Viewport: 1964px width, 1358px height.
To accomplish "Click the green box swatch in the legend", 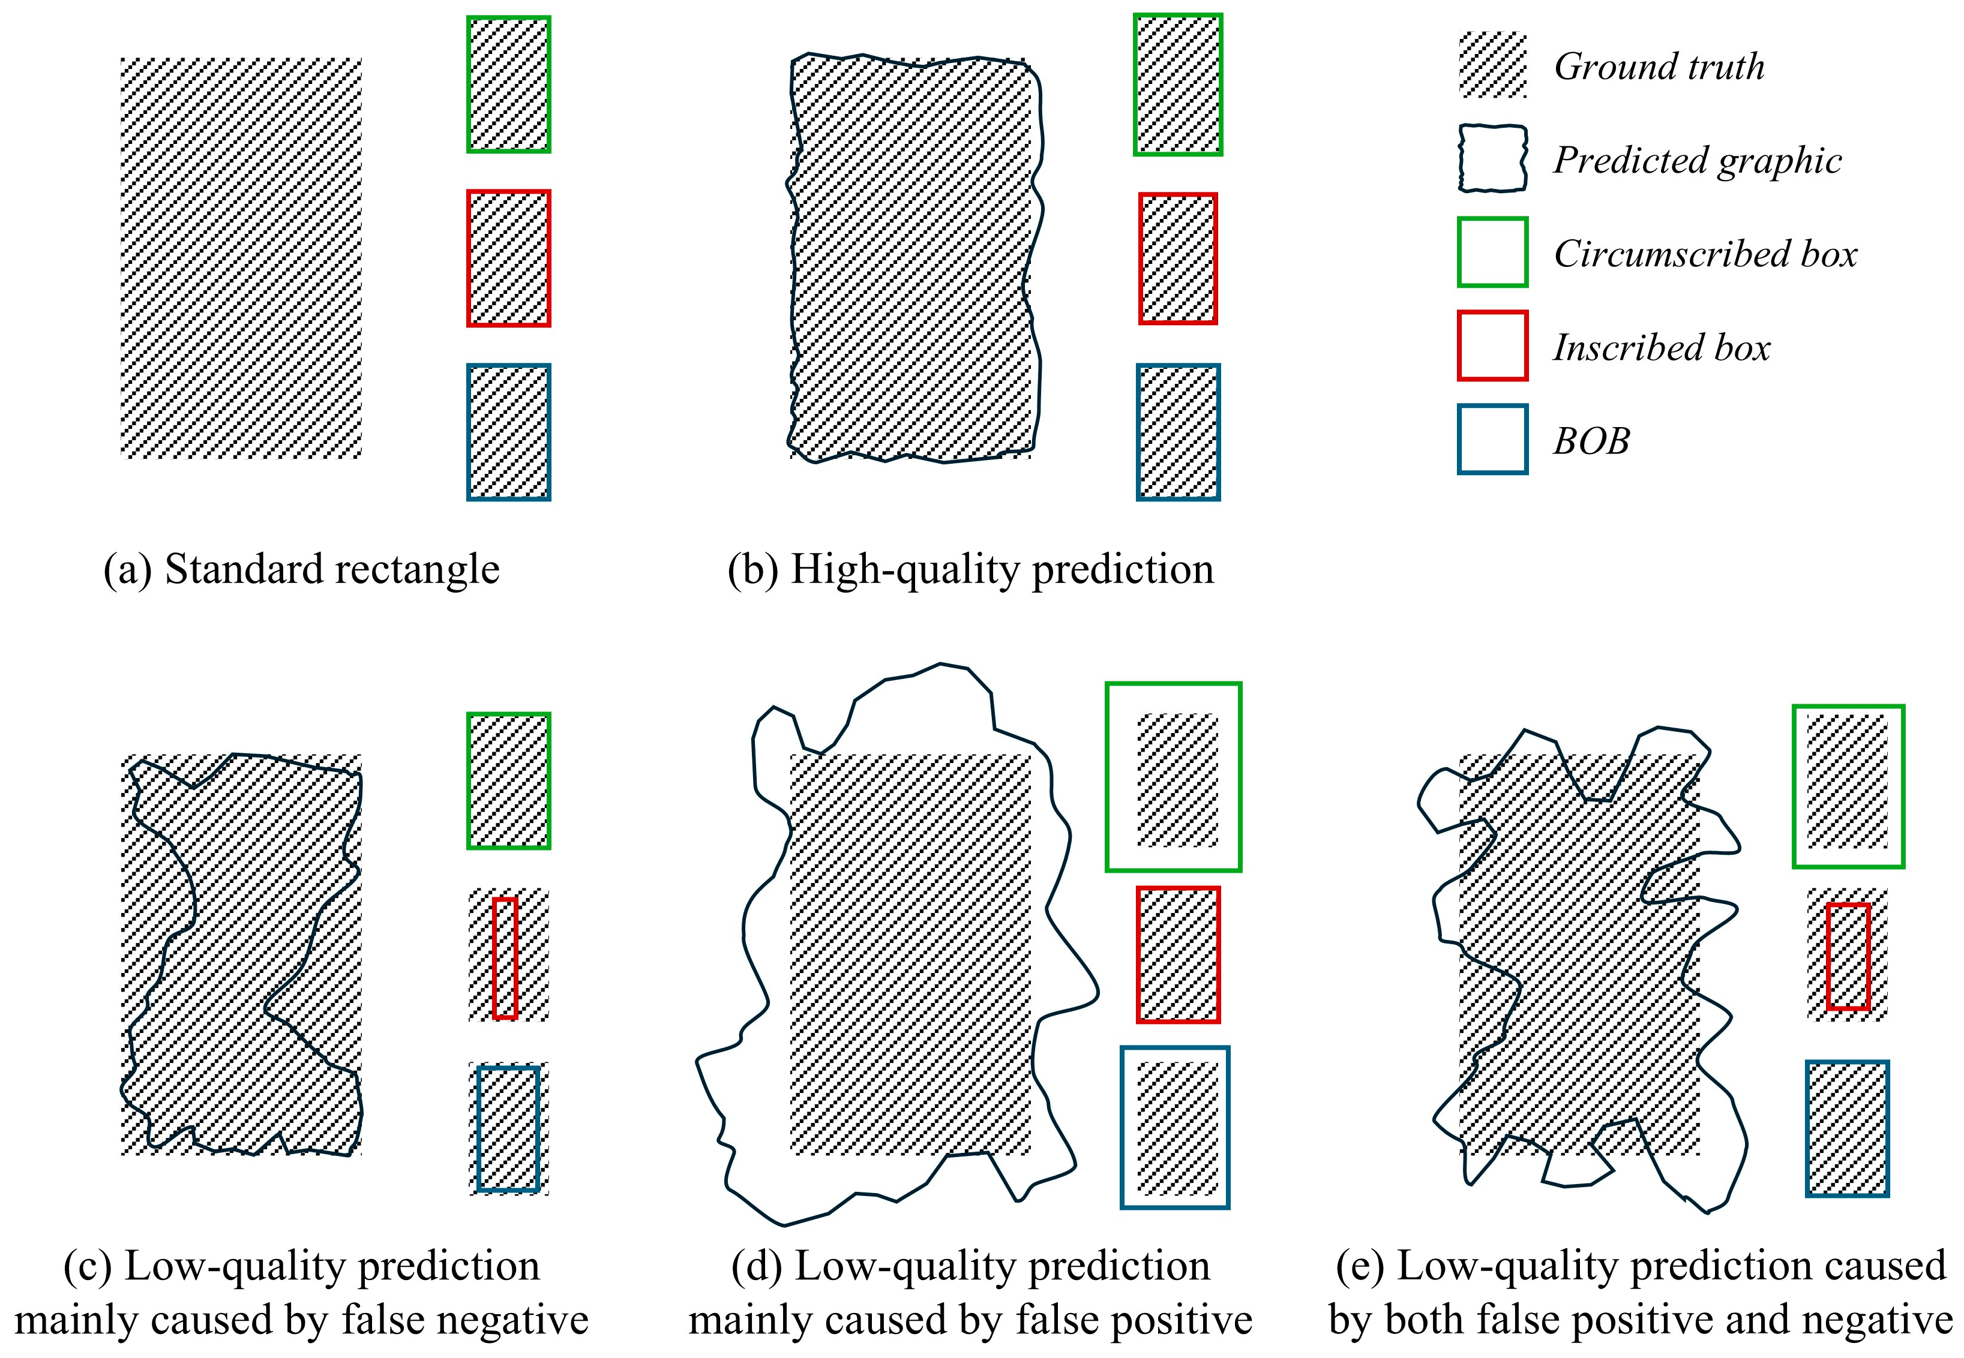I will click(x=1492, y=252).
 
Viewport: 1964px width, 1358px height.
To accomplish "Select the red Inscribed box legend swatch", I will click(x=1492, y=345).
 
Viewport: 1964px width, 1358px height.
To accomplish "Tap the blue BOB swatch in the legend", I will click(x=1492, y=439).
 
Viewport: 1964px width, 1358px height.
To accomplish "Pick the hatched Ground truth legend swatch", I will click(x=1492, y=65).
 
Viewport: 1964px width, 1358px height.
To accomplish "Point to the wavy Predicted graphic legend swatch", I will click(x=1492, y=159).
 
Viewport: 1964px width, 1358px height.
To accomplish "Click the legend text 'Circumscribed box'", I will click(x=1704, y=254).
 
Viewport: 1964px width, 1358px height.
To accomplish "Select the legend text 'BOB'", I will click(x=1591, y=441).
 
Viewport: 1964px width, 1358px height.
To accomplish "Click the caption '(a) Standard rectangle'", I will click(x=301, y=569).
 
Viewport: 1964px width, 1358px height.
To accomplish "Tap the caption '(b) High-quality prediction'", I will click(x=970, y=569).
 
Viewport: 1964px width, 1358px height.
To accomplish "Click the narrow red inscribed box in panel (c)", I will click(x=505, y=957).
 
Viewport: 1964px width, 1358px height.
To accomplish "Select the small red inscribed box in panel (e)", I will click(x=1848, y=956).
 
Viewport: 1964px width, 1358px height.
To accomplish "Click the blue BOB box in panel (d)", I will click(x=1174, y=1126).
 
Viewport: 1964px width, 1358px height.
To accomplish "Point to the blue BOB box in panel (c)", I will click(x=508, y=1128).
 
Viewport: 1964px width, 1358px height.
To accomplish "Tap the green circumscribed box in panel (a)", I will click(x=509, y=84).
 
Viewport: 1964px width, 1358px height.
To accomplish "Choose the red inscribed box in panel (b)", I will click(x=1178, y=259).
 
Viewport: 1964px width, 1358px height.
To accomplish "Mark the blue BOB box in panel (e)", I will click(x=1846, y=1128).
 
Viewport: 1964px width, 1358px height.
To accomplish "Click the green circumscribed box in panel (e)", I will click(x=1848, y=786).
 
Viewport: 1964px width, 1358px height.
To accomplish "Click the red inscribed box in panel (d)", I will click(x=1178, y=954).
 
